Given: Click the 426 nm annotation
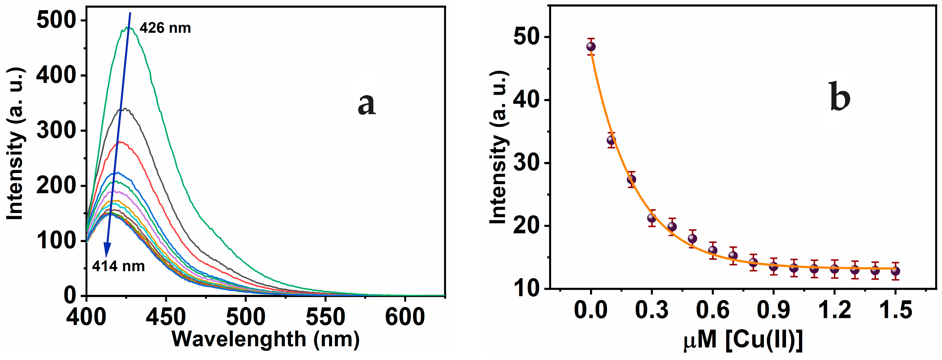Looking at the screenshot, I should (165, 28).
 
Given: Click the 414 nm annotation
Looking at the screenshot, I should (118, 266).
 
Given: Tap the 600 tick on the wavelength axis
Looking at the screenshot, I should (405, 317).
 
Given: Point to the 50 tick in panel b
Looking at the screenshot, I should (526, 37).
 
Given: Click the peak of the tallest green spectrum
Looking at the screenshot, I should (127, 27).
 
